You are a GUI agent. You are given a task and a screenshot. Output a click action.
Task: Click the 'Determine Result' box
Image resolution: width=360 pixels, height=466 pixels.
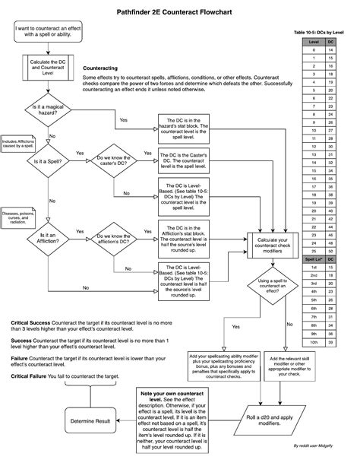coord(90,420)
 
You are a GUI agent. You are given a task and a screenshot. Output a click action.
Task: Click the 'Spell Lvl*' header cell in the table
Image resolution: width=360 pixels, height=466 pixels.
coord(312,259)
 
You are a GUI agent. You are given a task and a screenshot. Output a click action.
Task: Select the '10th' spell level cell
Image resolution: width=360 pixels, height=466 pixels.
coord(312,342)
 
